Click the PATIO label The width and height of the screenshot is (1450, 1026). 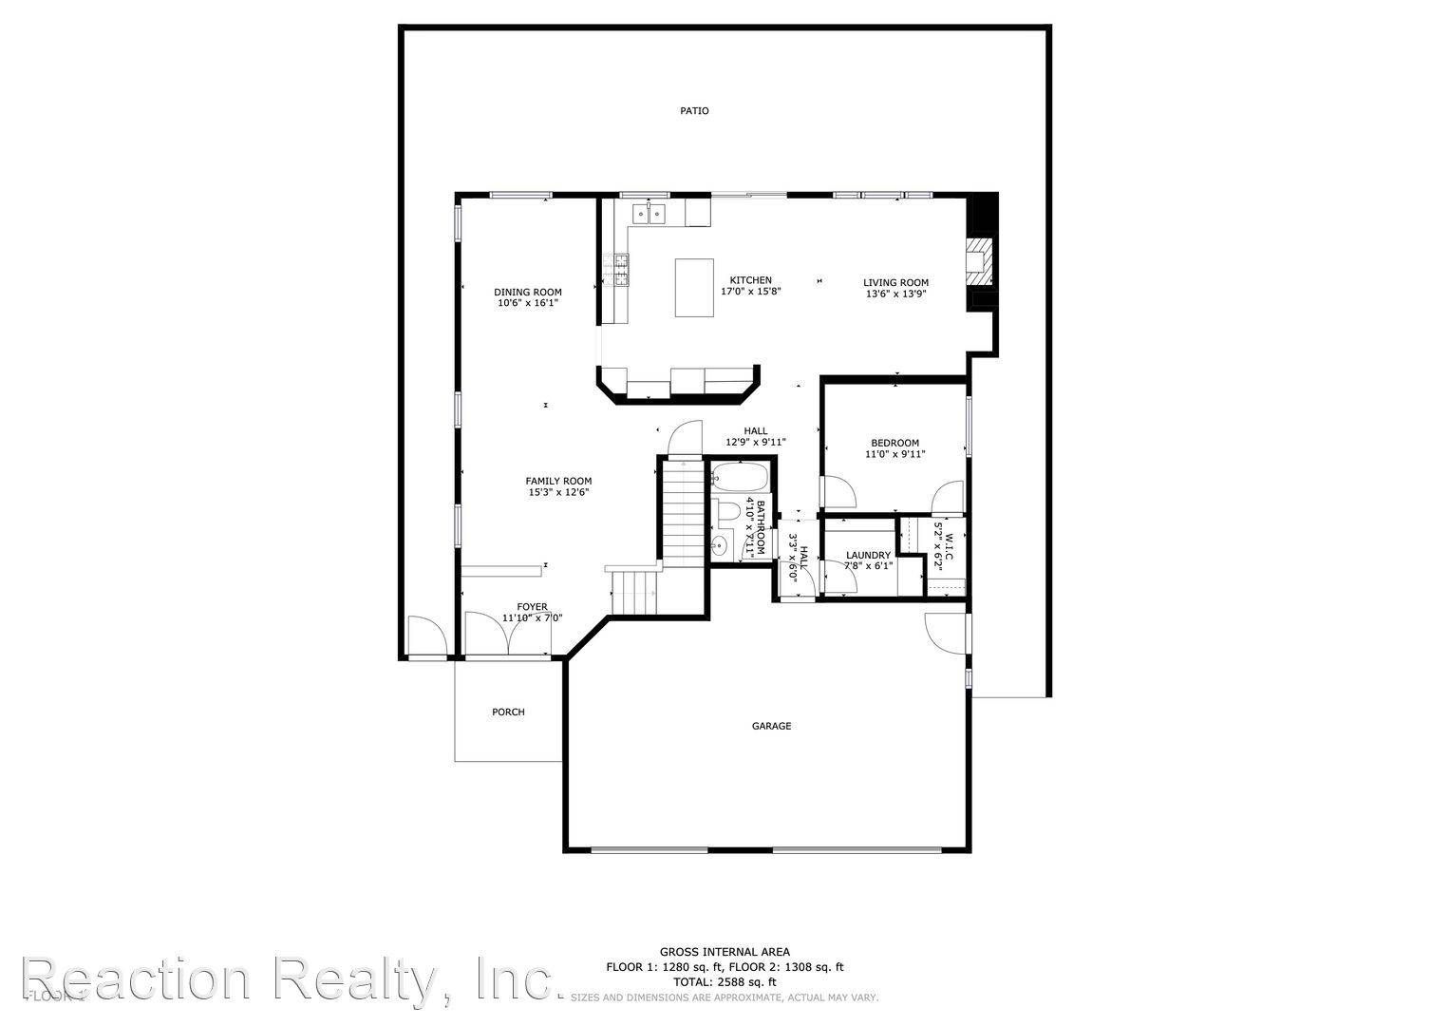point(694,111)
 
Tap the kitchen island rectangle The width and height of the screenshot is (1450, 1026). point(695,287)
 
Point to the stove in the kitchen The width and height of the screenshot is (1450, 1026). point(622,270)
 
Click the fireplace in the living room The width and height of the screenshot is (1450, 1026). point(979,258)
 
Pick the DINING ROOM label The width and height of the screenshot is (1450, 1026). point(527,292)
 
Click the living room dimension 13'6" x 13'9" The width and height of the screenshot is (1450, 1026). point(895,294)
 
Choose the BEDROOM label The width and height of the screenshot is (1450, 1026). point(894,443)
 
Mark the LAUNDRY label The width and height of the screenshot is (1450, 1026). point(868,556)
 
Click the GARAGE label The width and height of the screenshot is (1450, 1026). point(771,727)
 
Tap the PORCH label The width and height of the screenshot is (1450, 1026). point(508,712)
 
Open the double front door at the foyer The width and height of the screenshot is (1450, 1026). point(507,635)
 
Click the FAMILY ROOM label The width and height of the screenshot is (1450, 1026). point(558,481)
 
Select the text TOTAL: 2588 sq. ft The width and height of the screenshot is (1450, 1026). point(725,982)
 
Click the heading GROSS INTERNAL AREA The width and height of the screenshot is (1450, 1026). point(725,952)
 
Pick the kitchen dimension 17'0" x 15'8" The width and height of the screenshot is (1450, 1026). point(750,292)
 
